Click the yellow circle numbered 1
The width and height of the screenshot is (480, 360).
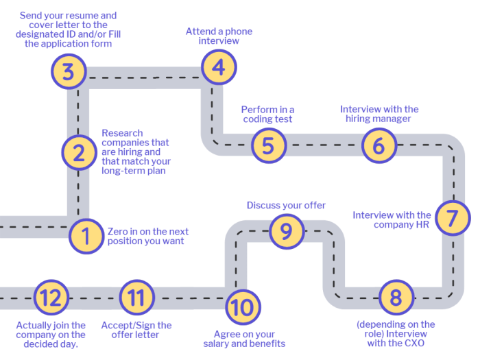coord(86,237)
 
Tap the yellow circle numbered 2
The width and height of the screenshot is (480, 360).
coord(79,152)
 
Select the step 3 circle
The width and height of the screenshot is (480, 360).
coord(68,72)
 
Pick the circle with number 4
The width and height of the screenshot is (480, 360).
coord(218,67)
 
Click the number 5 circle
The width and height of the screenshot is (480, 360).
coord(268,145)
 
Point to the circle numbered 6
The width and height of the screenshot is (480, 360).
coord(379,145)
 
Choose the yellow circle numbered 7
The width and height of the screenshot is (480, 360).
coord(452,218)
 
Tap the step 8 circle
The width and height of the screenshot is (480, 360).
coord(396,298)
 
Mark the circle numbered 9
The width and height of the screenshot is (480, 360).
coord(286,231)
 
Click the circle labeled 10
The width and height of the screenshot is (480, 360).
coord(242,307)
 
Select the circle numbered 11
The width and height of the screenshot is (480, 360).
coord(136,298)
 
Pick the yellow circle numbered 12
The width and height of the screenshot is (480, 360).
coord(51,298)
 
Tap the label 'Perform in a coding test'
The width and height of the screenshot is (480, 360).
coord(267,115)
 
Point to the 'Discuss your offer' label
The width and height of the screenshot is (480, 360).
coord(286,205)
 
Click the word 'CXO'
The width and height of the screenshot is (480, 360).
coord(412,344)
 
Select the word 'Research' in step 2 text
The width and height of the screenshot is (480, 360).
coord(122,133)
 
